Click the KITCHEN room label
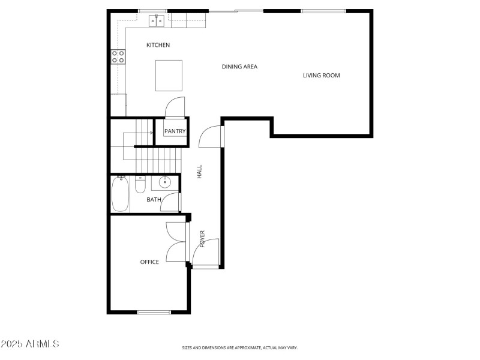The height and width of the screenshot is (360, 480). [158, 45]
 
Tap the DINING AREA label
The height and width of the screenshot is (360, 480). [239, 67]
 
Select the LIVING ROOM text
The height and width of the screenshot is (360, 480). [321, 76]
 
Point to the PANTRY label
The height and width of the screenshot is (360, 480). [175, 131]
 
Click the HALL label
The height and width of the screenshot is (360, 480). [200, 172]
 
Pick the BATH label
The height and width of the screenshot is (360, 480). [154, 200]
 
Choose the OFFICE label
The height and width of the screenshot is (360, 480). [149, 262]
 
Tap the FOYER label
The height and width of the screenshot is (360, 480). [203, 239]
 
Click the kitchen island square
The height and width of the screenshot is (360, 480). [169, 75]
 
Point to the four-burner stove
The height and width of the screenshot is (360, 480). [118, 57]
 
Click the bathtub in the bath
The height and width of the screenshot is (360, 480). [120, 193]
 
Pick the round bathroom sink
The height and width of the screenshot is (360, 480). [164, 182]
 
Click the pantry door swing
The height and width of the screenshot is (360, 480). [174, 108]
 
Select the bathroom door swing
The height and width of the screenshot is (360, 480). [172, 202]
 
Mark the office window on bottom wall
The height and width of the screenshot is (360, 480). [155, 312]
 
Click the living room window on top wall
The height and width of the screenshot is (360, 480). [323, 11]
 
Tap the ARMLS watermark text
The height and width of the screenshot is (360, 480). [30, 344]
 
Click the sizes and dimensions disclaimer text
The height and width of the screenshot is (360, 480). [239, 347]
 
